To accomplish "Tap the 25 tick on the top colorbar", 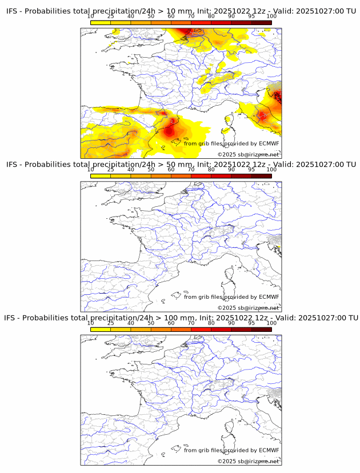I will point(111,16).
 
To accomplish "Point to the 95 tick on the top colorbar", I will point(251,16).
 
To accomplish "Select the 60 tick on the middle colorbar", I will point(171,169).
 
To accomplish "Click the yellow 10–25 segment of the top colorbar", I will point(101,23).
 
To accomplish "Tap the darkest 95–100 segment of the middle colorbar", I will point(261,176).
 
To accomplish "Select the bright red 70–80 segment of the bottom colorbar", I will point(201,329).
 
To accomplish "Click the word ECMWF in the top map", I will point(269,143).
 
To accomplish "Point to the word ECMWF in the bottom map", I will point(269,450).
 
